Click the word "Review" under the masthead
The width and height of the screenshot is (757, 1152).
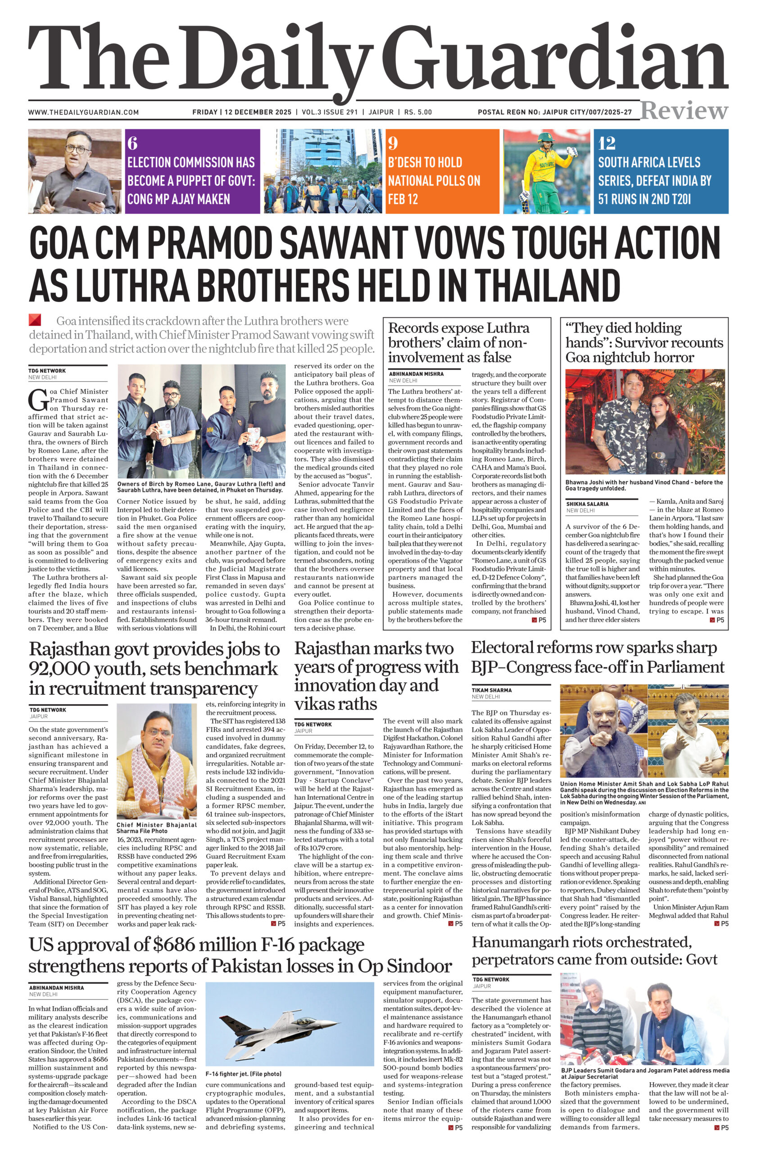(x=684, y=111)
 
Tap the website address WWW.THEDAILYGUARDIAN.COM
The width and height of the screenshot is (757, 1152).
(x=83, y=112)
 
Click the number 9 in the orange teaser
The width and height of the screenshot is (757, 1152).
(x=393, y=143)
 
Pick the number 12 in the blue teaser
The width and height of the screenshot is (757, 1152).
(x=607, y=143)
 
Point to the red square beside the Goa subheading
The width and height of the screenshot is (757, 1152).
(x=35, y=320)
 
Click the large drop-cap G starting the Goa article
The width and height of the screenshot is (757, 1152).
(x=37, y=399)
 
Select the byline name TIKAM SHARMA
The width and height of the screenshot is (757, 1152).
(x=492, y=690)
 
